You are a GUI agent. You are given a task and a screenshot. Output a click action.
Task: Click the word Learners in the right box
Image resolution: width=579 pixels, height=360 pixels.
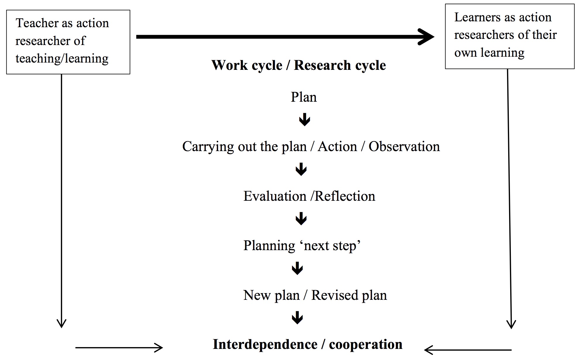(477, 18)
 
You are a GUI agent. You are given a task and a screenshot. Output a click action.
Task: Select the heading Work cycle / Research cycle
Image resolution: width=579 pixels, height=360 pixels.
(298, 65)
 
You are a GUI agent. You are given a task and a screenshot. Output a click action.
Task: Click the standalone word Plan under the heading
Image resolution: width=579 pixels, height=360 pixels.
(303, 97)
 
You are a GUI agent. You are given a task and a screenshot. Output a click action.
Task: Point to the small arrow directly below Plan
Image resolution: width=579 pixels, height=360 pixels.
(304, 120)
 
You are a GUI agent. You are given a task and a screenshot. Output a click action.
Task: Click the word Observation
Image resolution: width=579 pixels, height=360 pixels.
(404, 147)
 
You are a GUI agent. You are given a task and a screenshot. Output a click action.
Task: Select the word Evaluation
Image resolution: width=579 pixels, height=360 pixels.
(274, 196)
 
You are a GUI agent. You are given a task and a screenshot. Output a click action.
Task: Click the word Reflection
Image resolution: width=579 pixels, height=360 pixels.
(345, 196)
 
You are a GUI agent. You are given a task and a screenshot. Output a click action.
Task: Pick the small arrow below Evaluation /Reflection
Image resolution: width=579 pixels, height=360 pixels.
(301, 219)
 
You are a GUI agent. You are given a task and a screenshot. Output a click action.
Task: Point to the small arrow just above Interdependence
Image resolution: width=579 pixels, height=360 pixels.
(297, 318)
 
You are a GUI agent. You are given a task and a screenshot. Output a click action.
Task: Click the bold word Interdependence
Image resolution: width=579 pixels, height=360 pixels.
(265, 344)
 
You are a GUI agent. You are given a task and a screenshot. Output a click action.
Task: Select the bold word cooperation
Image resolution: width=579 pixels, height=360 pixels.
(365, 344)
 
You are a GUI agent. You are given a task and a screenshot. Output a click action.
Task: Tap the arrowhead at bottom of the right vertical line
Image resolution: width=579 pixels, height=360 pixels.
(511, 325)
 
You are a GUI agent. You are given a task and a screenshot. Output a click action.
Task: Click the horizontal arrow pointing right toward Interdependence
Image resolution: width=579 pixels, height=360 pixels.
(119, 347)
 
